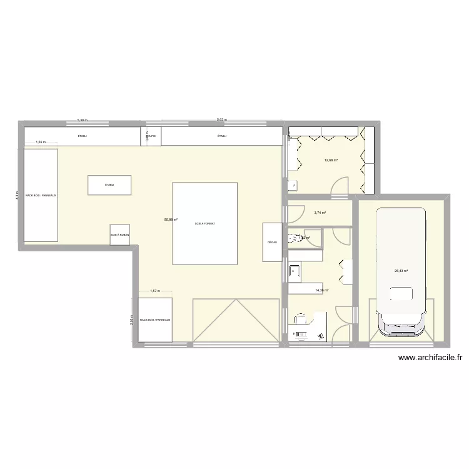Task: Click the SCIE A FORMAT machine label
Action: point(204,223)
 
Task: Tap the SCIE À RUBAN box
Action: point(119,234)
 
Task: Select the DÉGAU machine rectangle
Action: point(272,242)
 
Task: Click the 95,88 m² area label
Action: point(171,219)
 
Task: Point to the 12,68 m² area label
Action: point(331,160)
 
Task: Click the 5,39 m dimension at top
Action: point(82,119)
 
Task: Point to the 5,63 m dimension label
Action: point(221,119)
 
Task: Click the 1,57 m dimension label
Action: point(155,291)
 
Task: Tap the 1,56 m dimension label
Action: point(41,142)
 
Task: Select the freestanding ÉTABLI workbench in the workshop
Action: point(109,185)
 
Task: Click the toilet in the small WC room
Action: point(293,238)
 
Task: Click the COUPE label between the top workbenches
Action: point(151,136)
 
